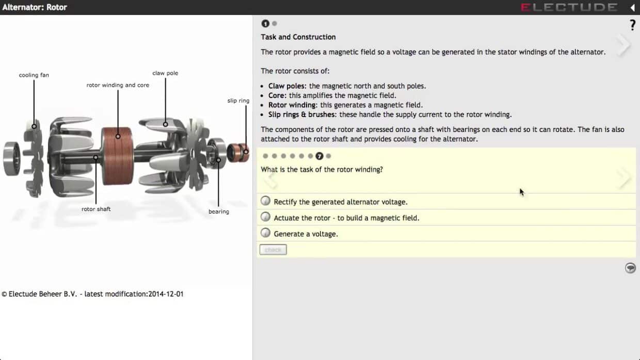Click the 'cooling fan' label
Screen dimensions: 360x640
[x=34, y=75]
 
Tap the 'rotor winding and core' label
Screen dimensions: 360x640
[x=118, y=85]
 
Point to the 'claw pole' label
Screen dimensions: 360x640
[x=165, y=73]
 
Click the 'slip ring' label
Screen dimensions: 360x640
[x=238, y=101]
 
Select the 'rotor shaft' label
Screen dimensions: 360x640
[x=96, y=209]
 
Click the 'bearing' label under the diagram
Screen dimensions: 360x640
[x=218, y=211]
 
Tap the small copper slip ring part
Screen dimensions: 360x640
[x=237, y=151]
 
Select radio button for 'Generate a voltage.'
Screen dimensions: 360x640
[x=265, y=233]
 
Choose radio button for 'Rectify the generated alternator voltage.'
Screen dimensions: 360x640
[x=265, y=201]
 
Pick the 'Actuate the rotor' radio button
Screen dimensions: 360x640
[x=265, y=217]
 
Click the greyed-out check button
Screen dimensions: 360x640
[x=273, y=250]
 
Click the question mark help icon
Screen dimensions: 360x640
[x=632, y=25]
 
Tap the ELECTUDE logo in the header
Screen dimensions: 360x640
[x=569, y=7]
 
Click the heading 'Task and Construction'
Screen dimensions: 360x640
[x=298, y=37]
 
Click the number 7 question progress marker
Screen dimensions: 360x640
[x=319, y=156]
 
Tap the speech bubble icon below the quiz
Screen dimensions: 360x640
[x=630, y=268]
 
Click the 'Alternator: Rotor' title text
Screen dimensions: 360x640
[x=35, y=7]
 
